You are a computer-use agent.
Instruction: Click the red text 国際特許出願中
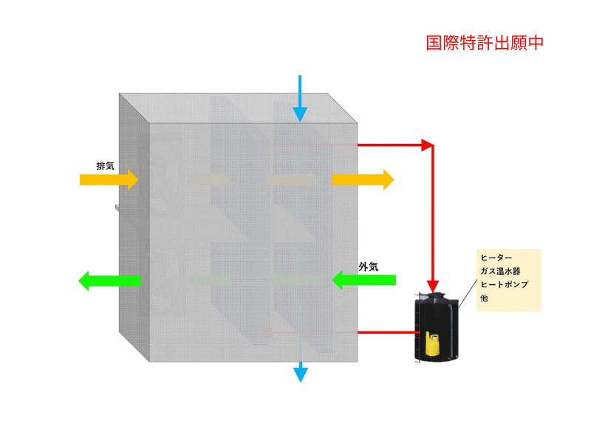coord(485,43)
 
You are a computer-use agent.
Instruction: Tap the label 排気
coord(105,165)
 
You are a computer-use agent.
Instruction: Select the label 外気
coord(368,267)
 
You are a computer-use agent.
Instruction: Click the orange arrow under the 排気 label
coord(109,179)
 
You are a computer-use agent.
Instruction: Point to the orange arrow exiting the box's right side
coord(363,179)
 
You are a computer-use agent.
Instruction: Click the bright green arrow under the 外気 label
coord(363,280)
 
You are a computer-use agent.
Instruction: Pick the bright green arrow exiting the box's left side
coord(109,281)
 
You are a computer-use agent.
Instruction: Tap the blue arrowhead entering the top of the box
coord(300,114)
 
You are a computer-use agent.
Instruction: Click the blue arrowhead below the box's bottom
coord(301,375)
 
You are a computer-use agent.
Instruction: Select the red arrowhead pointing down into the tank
coord(433,286)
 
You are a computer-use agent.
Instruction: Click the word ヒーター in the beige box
coord(496,258)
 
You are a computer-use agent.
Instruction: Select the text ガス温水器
coord(501,271)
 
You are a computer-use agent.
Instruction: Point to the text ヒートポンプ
coord(505,284)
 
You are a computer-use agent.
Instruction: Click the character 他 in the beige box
coord(485,298)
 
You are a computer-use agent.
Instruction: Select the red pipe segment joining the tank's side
coord(389,333)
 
